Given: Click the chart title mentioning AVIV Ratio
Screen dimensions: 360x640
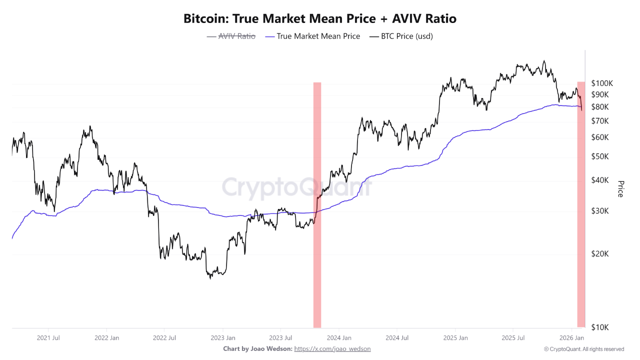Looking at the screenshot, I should (320, 19).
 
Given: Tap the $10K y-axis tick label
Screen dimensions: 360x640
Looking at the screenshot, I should (600, 327).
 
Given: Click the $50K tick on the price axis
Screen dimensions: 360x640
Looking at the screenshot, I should (600, 156).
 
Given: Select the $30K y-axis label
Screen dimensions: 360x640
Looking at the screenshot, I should (600, 211).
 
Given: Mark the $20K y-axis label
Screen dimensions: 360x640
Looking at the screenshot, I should (600, 253).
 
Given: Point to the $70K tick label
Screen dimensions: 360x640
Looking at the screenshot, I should (600, 121).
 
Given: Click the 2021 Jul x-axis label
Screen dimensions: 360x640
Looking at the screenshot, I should (48, 338).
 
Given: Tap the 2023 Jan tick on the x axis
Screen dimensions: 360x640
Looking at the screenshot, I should (223, 338).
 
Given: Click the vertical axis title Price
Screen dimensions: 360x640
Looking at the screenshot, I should (620, 189).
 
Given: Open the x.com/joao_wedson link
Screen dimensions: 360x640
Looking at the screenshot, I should (332, 349).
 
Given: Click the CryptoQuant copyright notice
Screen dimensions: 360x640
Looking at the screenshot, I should (584, 349).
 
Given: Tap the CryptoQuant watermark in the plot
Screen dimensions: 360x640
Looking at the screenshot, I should (297, 187).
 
